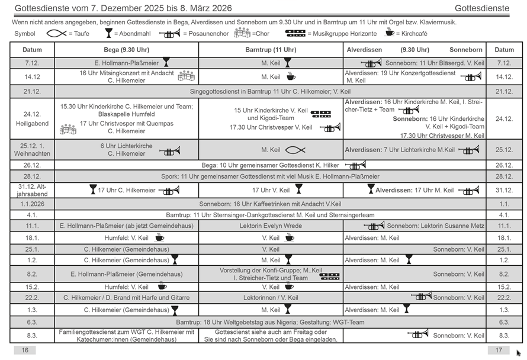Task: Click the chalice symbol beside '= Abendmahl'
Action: pos(108,33)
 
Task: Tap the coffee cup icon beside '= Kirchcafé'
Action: pos(390,33)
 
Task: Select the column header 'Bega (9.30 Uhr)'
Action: pos(127,50)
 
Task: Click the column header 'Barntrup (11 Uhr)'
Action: pos(271,50)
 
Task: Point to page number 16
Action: pos(25,350)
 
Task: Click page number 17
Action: pos(499,350)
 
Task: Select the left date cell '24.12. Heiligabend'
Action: pos(32,119)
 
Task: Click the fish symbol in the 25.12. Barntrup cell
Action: pos(295,150)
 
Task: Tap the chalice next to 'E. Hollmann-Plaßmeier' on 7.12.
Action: pos(166,62)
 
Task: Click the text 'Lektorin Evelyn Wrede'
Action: pos(271,226)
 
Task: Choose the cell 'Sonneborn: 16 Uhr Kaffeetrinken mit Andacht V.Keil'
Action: pos(271,204)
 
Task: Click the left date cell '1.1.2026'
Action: pos(32,204)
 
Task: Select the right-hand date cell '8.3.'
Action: pos(504,336)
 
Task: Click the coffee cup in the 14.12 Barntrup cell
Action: pos(291,76)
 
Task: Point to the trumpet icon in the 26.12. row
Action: pos(355,165)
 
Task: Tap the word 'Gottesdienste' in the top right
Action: pos(482,8)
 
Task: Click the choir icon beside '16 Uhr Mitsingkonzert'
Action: pos(186,76)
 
